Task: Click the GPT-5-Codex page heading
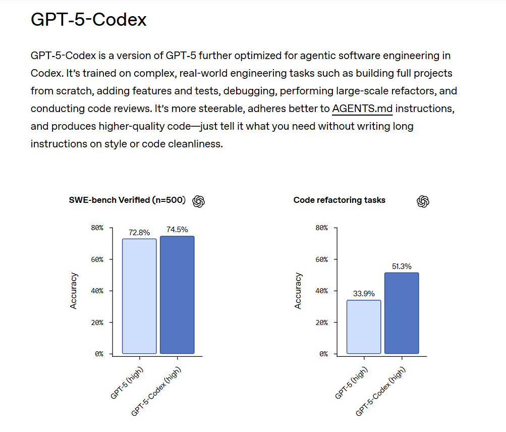(88, 20)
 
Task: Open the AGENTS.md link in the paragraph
(362, 109)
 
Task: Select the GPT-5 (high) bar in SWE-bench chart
(139, 296)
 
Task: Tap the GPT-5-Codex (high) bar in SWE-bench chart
(177, 295)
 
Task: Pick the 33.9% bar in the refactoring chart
(364, 327)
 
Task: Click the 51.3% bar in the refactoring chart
(402, 313)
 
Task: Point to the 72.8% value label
(139, 233)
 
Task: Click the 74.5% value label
(177, 230)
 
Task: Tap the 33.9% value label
(364, 294)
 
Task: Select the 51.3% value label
(402, 266)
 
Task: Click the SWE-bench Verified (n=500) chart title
(128, 200)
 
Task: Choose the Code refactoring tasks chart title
(339, 200)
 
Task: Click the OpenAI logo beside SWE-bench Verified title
(199, 201)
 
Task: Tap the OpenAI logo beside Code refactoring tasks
(423, 201)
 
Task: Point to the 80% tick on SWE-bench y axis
(97, 228)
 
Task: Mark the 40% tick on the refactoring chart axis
(321, 291)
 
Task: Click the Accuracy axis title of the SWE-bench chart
(74, 291)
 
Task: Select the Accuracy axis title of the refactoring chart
(298, 291)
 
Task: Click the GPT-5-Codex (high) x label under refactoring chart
(381, 391)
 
